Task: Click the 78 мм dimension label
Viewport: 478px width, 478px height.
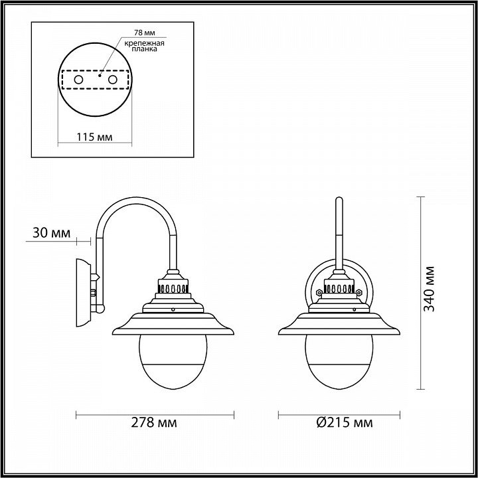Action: (x=144, y=33)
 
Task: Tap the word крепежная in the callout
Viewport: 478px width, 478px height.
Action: (x=144, y=43)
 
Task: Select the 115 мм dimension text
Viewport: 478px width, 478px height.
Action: (x=94, y=137)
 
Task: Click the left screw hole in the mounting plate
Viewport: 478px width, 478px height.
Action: (x=78, y=80)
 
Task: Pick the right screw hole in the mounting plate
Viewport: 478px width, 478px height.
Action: (x=112, y=80)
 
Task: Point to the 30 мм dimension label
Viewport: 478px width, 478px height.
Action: (x=51, y=233)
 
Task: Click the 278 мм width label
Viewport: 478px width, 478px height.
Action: (x=153, y=422)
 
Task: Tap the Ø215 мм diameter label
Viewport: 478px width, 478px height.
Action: (x=344, y=422)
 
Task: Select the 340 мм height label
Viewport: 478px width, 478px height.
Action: (x=430, y=289)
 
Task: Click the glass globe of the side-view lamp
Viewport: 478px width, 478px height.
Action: (x=173, y=362)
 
